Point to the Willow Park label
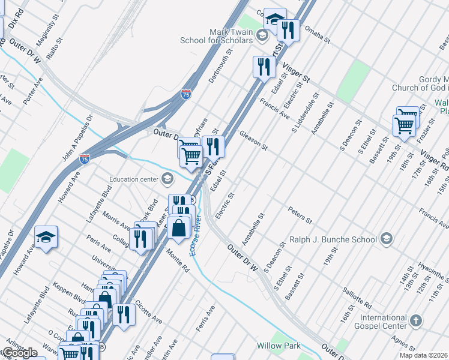[278, 346]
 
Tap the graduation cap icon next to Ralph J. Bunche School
[387, 239]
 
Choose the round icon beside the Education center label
[167, 179]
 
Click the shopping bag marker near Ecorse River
[179, 227]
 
